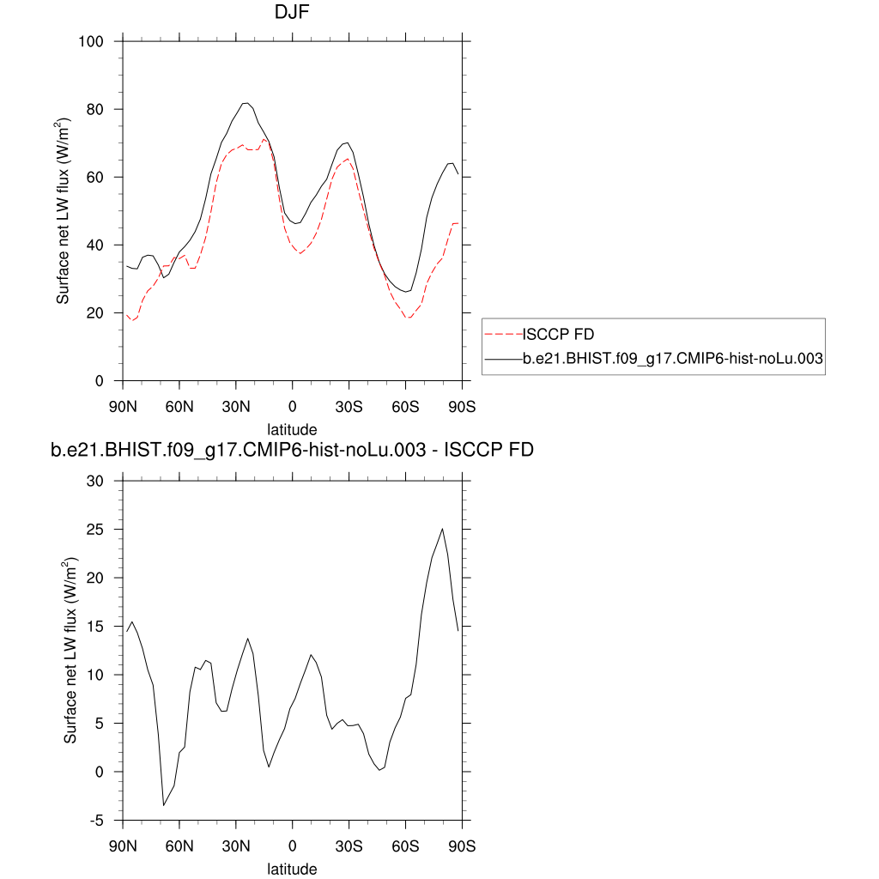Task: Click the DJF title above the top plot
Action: click(x=292, y=12)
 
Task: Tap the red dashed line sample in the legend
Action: click(x=504, y=334)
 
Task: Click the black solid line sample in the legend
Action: click(x=504, y=361)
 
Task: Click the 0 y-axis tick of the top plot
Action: click(x=110, y=380)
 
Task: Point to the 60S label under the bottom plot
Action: click(x=406, y=846)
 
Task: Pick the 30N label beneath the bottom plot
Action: click(x=236, y=846)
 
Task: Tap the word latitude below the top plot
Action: click(x=292, y=429)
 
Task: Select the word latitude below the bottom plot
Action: click(x=292, y=869)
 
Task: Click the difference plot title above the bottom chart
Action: click(x=292, y=451)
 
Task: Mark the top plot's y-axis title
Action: click(x=64, y=211)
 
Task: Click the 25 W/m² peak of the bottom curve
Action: click(x=442, y=529)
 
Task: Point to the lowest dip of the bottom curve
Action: click(x=164, y=805)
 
